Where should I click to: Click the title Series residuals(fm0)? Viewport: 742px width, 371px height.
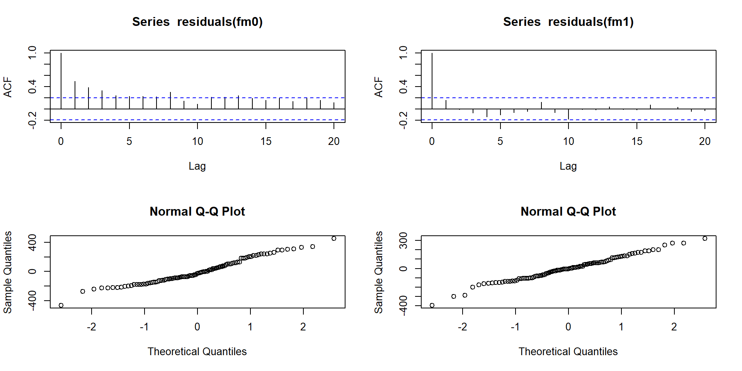(x=197, y=22)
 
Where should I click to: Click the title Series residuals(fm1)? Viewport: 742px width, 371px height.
(x=568, y=22)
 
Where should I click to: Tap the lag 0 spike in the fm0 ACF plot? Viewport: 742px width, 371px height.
(x=61, y=81)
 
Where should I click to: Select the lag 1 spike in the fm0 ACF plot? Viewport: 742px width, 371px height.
(x=75, y=95)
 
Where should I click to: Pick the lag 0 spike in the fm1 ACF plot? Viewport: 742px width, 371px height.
(x=432, y=81)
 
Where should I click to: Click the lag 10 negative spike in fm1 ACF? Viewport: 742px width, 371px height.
(x=568, y=114)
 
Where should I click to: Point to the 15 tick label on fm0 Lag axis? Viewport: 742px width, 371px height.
(x=266, y=141)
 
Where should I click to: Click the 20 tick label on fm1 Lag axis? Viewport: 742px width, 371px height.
(x=705, y=141)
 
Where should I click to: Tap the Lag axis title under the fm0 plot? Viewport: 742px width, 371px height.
(x=197, y=166)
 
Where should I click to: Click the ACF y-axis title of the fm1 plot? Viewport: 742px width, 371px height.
(x=379, y=87)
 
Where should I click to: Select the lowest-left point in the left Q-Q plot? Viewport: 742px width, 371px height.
(x=61, y=305)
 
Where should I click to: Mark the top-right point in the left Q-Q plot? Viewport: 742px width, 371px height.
(x=334, y=238)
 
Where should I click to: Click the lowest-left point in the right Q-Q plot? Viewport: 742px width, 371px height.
(x=432, y=305)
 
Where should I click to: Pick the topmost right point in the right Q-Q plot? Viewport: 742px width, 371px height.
(x=705, y=238)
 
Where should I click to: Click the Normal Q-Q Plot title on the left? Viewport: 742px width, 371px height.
(x=197, y=211)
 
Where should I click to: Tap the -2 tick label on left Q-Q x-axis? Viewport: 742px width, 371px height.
(x=91, y=327)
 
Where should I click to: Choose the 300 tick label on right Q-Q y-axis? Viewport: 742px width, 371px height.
(x=403, y=240)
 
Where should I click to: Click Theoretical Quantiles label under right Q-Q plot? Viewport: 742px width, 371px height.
(x=568, y=352)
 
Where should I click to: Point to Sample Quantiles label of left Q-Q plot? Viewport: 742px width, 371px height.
(x=8, y=272)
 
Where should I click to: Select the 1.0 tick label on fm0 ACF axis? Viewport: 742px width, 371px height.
(x=32, y=53)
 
